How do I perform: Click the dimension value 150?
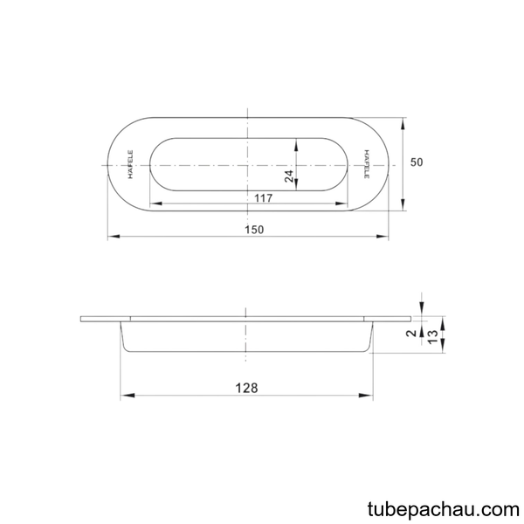[x=254, y=230]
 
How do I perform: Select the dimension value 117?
[x=264, y=198]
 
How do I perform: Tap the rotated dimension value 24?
[x=289, y=176]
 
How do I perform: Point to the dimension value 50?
[x=417, y=162]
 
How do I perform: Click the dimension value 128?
[x=246, y=388]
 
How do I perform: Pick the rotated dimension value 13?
[x=432, y=337]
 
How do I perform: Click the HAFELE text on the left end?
[x=130, y=164]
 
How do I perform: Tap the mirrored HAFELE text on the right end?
[x=367, y=164]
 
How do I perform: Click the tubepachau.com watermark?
[x=444, y=510]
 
